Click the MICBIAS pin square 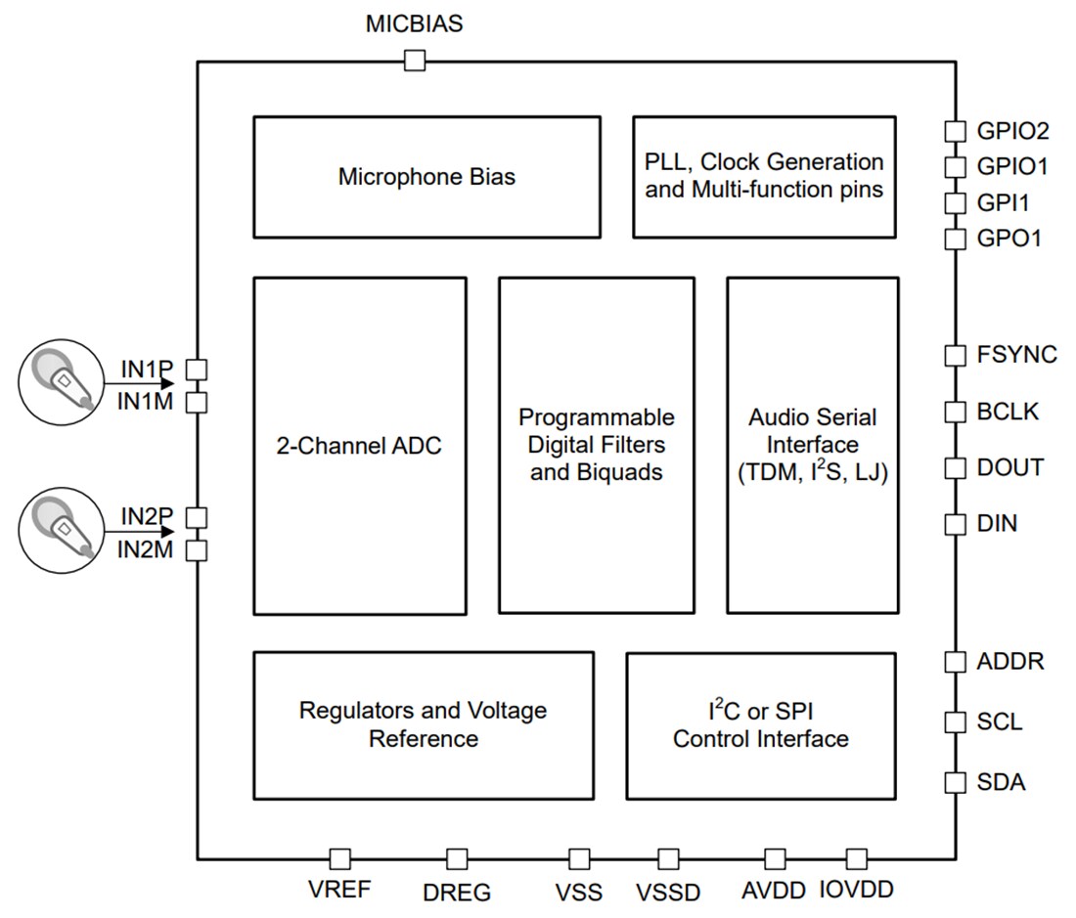point(415,62)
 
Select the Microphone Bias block point(426,177)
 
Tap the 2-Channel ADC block point(359,446)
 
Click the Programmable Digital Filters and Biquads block point(596,446)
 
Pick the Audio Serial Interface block point(812,446)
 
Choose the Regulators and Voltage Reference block point(423,724)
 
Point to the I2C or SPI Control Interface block point(760,724)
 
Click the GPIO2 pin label point(1012,131)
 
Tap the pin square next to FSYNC point(955,355)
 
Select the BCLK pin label point(1008,412)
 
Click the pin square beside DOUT point(955,467)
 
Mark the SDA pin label point(1001,782)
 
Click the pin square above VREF point(339,858)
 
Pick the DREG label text point(457,893)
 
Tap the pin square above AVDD point(775,858)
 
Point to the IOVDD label point(857,890)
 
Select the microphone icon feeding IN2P point(61,529)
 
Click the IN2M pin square point(197,550)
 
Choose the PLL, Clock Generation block point(763,176)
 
